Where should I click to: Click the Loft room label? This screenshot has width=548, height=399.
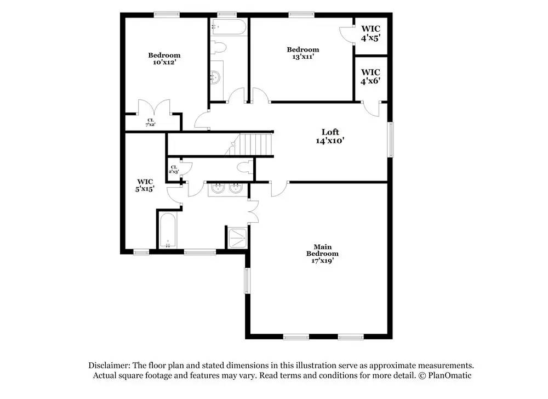click(330, 132)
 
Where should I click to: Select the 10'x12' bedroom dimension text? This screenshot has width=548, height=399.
click(164, 63)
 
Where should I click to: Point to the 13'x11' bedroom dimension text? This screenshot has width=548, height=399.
click(303, 57)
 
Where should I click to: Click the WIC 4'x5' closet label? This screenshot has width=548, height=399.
click(370, 33)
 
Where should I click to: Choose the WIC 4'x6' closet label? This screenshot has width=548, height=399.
click(370, 77)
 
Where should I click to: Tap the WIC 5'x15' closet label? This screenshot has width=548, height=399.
click(145, 185)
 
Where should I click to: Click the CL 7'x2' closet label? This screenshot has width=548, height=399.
click(150, 122)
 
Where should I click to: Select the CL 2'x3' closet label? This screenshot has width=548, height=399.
click(174, 170)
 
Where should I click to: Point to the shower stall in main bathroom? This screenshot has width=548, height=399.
click(237, 238)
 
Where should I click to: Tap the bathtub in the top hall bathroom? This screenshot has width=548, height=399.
click(229, 26)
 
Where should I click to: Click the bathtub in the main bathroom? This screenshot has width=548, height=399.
click(168, 231)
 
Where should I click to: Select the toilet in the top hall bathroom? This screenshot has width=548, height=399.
click(219, 47)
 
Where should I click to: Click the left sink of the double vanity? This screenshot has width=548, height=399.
click(218, 189)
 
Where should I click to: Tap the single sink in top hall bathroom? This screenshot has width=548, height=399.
click(215, 77)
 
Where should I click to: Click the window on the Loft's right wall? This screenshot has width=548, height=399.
click(390, 139)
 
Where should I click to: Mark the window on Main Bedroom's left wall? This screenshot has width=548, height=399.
click(248, 280)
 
